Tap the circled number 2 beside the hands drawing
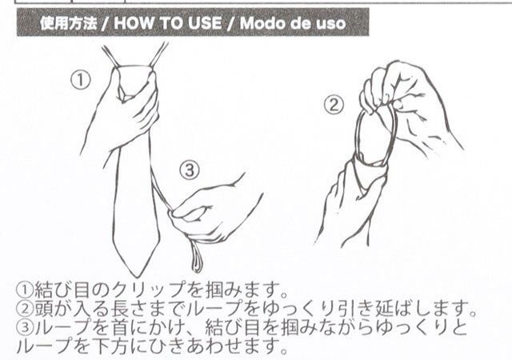(335, 104)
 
